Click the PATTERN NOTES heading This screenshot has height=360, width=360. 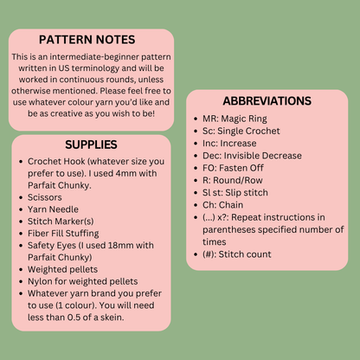(x=87, y=40)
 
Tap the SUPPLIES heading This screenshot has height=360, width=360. (x=91, y=145)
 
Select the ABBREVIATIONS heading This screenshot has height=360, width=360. (x=267, y=101)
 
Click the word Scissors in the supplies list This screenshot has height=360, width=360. (x=45, y=197)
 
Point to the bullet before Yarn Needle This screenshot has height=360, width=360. (x=21, y=209)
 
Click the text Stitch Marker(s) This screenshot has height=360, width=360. (x=61, y=222)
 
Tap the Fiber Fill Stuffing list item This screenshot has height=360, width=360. (x=63, y=233)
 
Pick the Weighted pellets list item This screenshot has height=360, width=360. (x=62, y=269)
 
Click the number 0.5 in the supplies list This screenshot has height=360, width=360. (x=74, y=318)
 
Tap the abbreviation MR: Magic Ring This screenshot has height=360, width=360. (x=235, y=119)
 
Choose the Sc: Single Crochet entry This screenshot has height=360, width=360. (x=241, y=131)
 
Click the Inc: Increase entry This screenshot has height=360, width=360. (x=229, y=144)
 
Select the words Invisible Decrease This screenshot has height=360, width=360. (x=263, y=156)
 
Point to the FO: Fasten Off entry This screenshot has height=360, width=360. (x=233, y=168)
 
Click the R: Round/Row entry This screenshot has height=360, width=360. (x=233, y=180)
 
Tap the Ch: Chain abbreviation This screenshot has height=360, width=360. (x=222, y=205)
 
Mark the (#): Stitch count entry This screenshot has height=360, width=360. (x=237, y=254)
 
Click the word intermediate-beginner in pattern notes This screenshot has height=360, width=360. (x=94, y=56)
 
